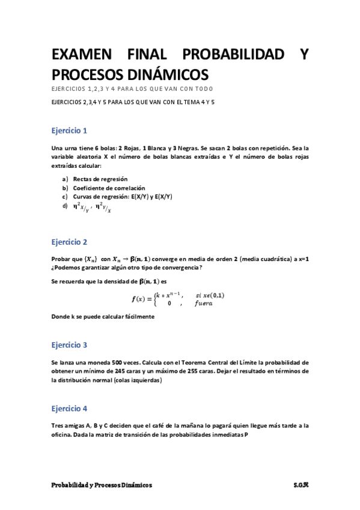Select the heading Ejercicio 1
coord(69,130)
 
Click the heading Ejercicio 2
coord(69,242)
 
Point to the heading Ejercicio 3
coord(69,345)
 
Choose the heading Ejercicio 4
coord(69,408)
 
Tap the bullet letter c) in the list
coord(65,197)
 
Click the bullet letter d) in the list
coord(65,206)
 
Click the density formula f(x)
coord(178,299)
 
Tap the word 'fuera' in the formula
coord(204,304)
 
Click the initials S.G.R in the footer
coord(301,485)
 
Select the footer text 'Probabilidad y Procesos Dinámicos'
coord(102,485)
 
